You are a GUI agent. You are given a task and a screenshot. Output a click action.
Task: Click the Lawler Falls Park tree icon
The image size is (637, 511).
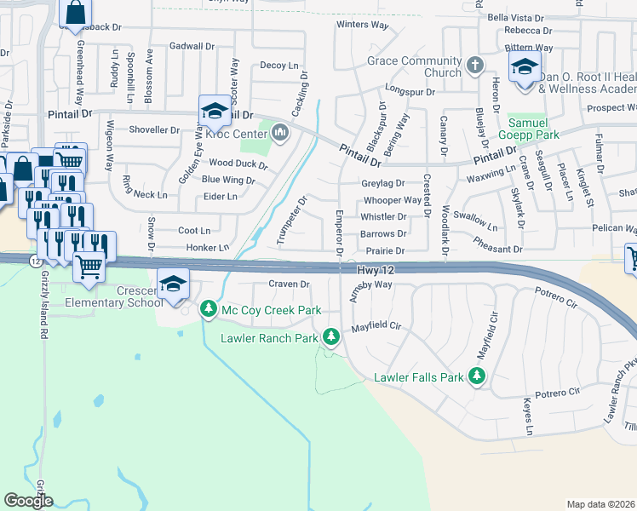coord(477,376)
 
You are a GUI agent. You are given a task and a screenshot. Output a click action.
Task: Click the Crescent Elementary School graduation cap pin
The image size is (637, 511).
coord(173,284)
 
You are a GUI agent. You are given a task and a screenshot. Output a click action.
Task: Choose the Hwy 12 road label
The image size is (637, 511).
coord(377,269)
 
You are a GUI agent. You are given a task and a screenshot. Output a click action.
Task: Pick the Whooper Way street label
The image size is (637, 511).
coord(392,200)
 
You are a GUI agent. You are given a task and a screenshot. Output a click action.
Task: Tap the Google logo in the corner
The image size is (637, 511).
coord(27,501)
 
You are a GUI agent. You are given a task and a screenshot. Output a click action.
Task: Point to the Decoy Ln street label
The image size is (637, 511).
coord(279,65)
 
